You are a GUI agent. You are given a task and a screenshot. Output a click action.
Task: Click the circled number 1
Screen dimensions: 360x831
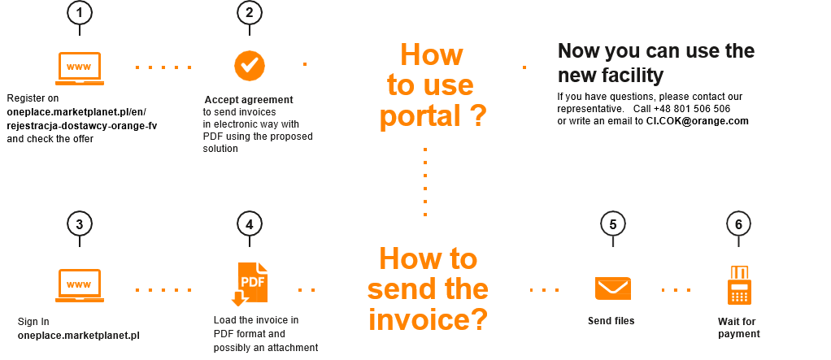(x=80, y=13)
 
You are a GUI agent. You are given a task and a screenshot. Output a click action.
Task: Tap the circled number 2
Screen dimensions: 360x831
(x=250, y=13)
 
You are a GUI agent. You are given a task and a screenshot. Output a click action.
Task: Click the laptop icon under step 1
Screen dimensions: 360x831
(x=79, y=67)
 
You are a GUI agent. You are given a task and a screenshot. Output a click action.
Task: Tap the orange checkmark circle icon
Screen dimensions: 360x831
(x=250, y=64)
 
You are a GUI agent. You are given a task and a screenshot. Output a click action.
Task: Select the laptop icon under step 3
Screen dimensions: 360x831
(x=79, y=285)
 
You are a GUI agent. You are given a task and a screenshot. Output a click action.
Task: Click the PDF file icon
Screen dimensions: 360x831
(x=249, y=284)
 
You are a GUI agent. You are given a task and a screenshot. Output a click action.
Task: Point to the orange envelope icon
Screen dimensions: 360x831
(x=613, y=288)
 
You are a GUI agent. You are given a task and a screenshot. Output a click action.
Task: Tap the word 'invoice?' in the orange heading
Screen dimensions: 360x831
(x=429, y=319)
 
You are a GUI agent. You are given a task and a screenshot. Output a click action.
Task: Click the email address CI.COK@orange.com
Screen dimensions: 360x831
(x=697, y=121)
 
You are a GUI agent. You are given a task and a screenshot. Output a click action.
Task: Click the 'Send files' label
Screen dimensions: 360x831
(x=611, y=321)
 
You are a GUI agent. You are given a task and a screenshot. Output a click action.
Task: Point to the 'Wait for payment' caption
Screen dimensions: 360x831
(x=737, y=327)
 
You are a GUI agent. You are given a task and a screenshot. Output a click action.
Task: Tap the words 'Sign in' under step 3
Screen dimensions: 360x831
(x=33, y=321)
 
